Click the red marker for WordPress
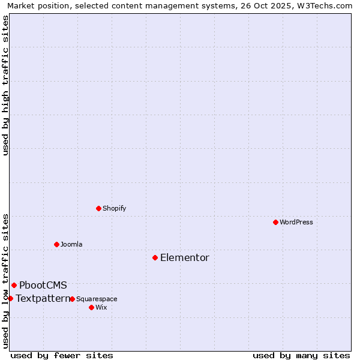click(275, 222)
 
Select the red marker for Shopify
click(98, 208)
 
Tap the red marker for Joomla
click(56, 244)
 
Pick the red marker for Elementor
click(155, 257)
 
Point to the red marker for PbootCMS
click(14, 285)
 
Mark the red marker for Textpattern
click(10, 298)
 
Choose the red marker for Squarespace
click(72, 299)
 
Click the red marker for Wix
click(91, 307)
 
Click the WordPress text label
click(296, 222)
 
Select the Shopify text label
click(114, 208)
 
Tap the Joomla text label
click(71, 244)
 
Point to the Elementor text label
click(185, 258)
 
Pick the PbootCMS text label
click(43, 286)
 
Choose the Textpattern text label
click(43, 298)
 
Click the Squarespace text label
click(97, 299)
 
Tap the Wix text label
click(101, 307)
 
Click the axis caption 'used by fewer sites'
click(62, 355)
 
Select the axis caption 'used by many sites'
click(301, 355)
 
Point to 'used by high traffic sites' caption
click(5, 85)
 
